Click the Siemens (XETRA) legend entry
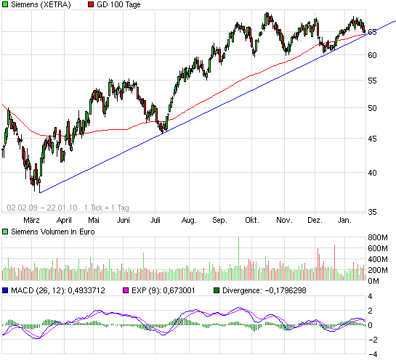pyautogui.click(x=37, y=5)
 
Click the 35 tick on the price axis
pyautogui.click(x=372, y=212)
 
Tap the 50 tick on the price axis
pyautogui.click(x=372, y=108)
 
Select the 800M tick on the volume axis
pyautogui.click(x=378, y=238)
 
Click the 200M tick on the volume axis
pyautogui.click(x=378, y=269)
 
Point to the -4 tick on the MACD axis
pyautogui.click(x=371, y=354)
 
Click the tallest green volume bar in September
pyautogui.click(x=238, y=258)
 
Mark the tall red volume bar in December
pyautogui.click(x=334, y=262)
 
